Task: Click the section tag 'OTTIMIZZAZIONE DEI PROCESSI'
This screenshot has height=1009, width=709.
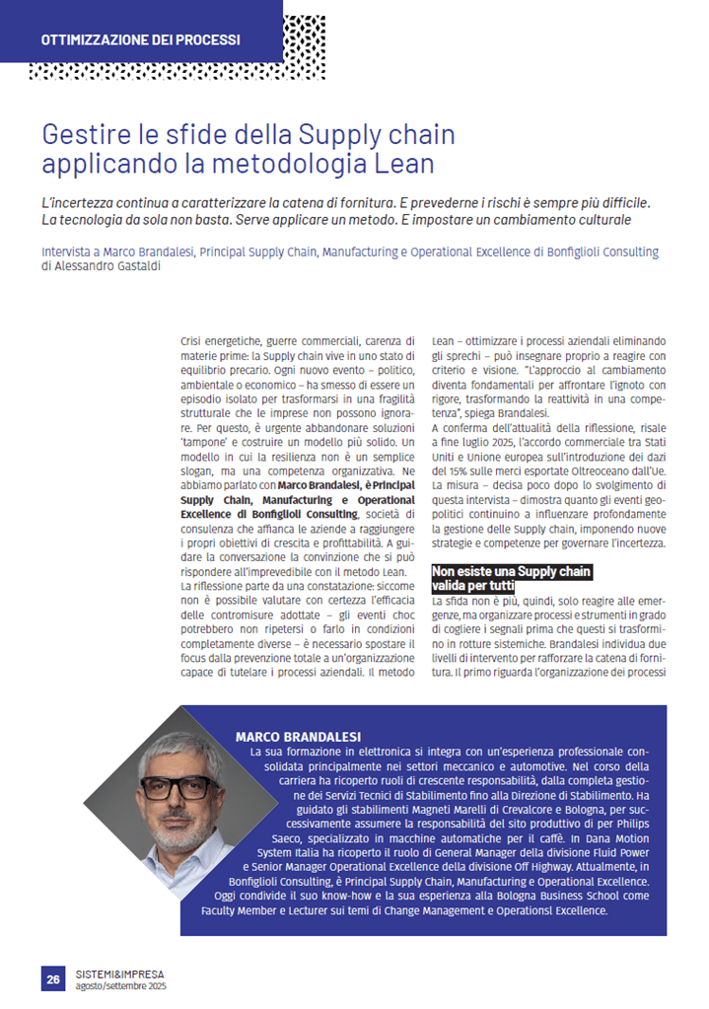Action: tap(140, 40)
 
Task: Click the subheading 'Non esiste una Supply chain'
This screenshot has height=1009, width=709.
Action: tap(512, 572)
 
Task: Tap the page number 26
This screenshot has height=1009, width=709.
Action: tap(53, 978)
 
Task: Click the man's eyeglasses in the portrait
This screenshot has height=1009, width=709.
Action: tap(178, 787)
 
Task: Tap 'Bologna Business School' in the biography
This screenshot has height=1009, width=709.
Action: tap(506, 896)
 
